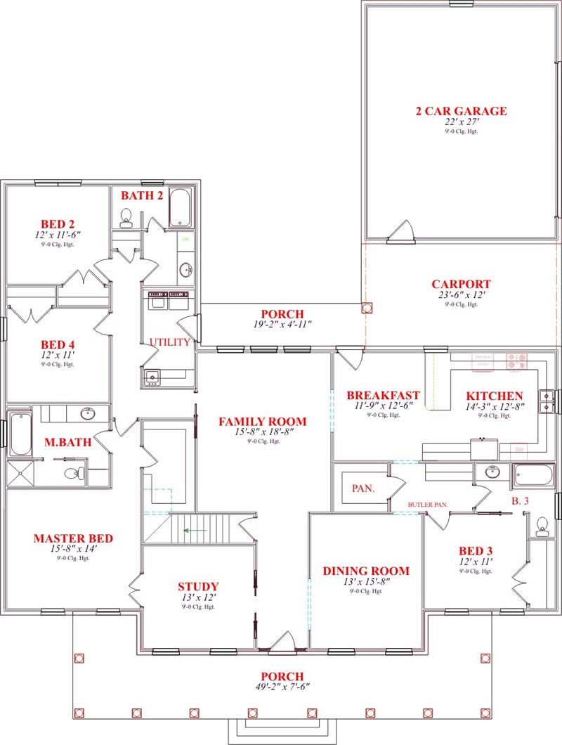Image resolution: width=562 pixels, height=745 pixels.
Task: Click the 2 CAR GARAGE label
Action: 461,111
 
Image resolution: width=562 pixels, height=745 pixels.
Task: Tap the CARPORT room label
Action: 461,285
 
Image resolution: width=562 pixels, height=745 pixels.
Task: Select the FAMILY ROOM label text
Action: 263,422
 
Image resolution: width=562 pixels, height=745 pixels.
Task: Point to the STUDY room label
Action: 198,586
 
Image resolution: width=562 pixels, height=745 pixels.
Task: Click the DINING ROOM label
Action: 366,571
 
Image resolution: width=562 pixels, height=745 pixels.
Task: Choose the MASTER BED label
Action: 73,538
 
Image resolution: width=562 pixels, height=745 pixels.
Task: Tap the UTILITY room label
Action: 169,342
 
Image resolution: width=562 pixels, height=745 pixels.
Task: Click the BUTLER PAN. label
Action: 429,505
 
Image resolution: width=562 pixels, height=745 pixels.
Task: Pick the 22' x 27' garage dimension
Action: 461,122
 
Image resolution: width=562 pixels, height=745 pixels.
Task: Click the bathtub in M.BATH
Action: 20,435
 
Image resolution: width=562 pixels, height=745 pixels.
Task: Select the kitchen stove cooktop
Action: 519,361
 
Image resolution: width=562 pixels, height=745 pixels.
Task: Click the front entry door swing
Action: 283,641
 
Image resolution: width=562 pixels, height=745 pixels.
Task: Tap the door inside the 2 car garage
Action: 402,232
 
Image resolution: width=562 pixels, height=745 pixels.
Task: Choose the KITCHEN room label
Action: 495,396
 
